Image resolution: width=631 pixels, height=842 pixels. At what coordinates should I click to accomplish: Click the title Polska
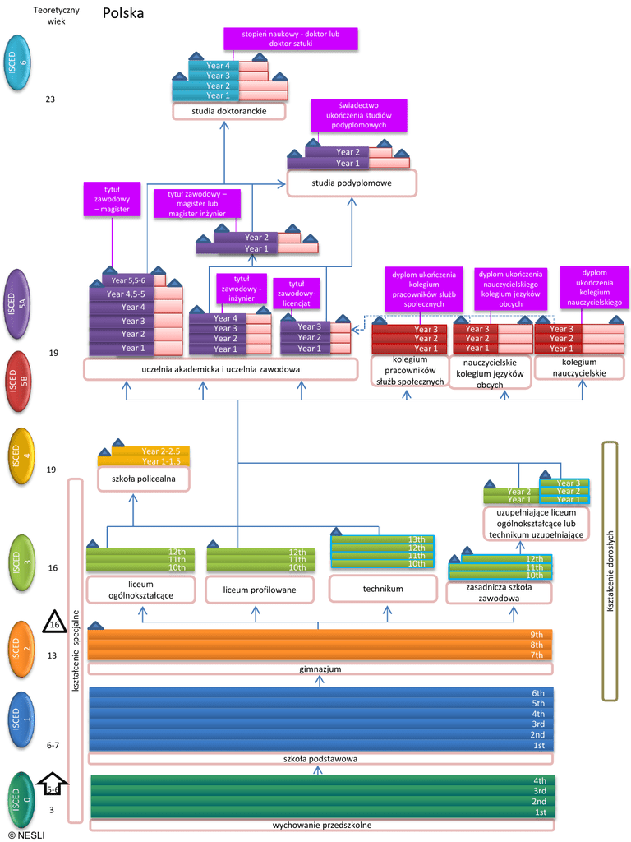pyautogui.click(x=123, y=14)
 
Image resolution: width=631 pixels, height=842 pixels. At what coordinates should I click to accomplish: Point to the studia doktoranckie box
pyautogui.click(x=228, y=111)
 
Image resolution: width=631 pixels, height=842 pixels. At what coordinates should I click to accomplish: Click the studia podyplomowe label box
pyautogui.click(x=352, y=183)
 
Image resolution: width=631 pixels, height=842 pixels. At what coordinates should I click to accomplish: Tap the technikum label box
pyautogui.click(x=382, y=589)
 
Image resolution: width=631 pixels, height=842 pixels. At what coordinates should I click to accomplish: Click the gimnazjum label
pyautogui.click(x=320, y=669)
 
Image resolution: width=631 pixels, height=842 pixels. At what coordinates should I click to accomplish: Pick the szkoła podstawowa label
pyautogui.click(x=320, y=759)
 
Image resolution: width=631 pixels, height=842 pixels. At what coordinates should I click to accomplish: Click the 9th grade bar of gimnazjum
pyautogui.click(x=320, y=634)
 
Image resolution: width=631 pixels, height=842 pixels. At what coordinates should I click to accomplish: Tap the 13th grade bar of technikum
pyautogui.click(x=382, y=539)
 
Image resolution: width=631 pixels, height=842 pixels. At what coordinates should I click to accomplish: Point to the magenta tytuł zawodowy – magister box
pyautogui.click(x=112, y=199)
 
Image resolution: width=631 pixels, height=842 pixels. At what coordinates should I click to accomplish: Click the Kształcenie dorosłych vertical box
pyautogui.click(x=610, y=571)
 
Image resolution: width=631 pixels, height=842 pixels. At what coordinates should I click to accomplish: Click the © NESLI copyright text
pyautogui.click(x=26, y=835)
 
